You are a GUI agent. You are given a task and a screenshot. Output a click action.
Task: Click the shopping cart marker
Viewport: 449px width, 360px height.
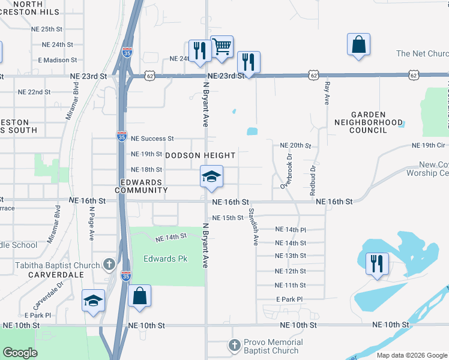point(222,47)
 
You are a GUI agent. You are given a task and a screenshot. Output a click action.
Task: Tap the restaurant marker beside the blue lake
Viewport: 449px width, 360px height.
point(377,264)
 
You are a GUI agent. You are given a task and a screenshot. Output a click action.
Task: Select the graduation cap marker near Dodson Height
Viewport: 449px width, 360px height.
point(211,178)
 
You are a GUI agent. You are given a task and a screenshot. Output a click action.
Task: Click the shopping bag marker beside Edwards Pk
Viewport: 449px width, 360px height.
point(139,296)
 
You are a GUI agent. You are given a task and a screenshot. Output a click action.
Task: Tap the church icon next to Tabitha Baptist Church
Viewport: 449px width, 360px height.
point(109,264)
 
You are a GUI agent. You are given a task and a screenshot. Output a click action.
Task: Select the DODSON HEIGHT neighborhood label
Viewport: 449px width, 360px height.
point(200,155)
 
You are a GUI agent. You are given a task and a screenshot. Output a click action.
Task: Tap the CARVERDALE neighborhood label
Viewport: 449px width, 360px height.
point(55,274)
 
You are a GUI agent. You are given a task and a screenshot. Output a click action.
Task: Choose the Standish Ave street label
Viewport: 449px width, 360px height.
point(255,227)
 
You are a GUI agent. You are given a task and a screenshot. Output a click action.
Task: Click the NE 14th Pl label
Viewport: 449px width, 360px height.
point(291,230)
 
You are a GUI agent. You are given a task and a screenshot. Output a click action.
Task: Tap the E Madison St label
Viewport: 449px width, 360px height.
point(57,60)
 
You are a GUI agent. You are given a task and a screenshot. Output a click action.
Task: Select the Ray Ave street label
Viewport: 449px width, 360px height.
point(327,94)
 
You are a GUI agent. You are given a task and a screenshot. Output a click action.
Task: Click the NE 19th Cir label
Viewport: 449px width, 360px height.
point(429,146)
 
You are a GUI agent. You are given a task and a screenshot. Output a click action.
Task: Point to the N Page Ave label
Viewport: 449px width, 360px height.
point(92,223)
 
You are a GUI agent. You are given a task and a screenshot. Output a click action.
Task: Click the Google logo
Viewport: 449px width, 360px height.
point(20,353)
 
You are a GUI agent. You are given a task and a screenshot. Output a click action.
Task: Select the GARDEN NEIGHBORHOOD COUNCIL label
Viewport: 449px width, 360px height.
point(377,122)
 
